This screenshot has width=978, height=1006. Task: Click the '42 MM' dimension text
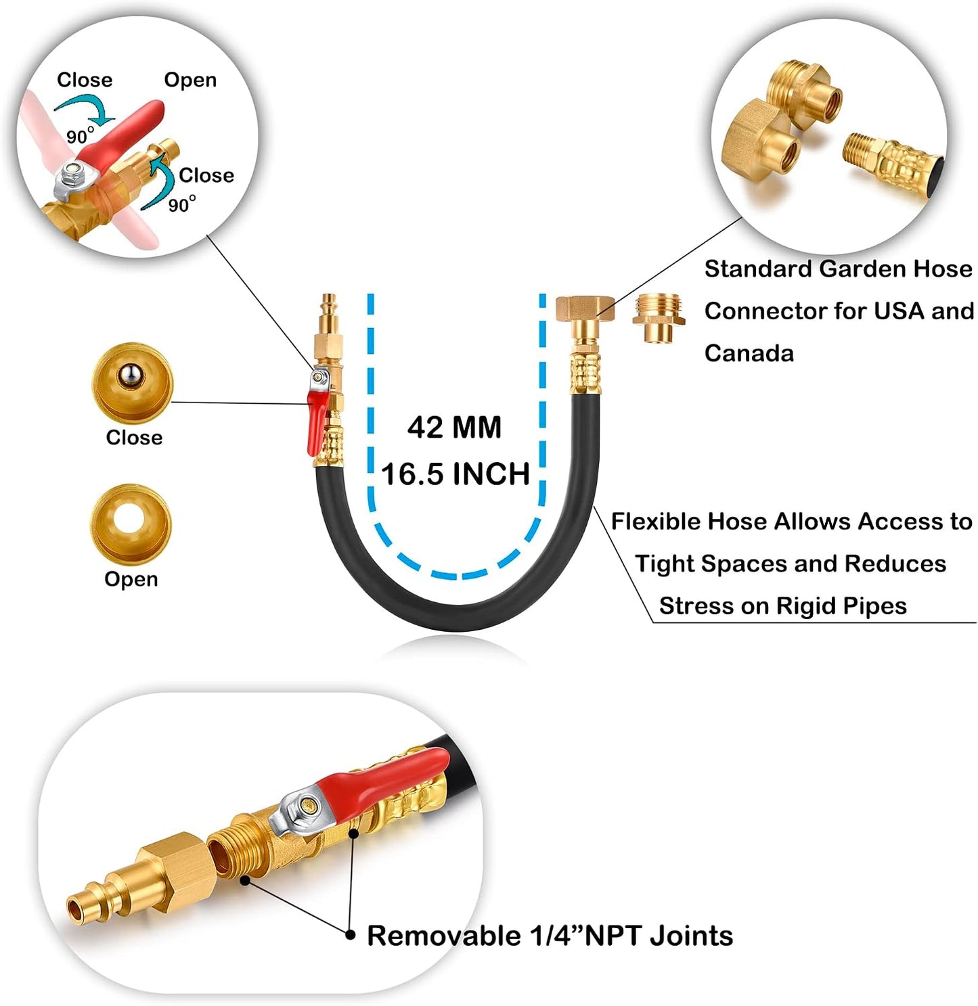[454, 428]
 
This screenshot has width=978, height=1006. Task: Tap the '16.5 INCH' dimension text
[455, 474]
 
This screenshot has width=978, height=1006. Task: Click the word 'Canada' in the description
[749, 354]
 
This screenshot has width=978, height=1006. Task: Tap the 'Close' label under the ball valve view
[134, 437]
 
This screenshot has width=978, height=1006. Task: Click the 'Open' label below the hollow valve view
[131, 580]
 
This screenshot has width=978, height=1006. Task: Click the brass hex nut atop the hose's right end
[585, 308]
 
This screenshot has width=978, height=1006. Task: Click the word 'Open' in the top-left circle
[190, 80]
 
